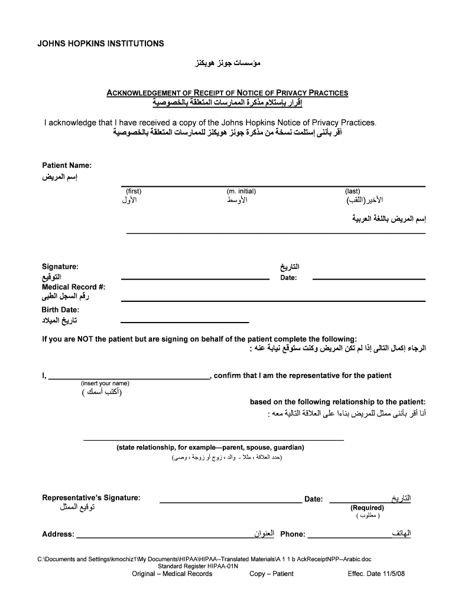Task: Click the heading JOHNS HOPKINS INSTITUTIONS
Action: (x=101, y=44)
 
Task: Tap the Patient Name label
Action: (x=66, y=165)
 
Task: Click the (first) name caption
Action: (x=134, y=191)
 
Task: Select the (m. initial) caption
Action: (x=241, y=191)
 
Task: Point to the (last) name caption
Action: (x=353, y=191)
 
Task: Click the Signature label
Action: (x=60, y=267)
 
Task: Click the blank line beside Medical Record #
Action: (x=272, y=300)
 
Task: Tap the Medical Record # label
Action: (x=73, y=287)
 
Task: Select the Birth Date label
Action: (x=60, y=310)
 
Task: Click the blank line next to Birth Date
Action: (x=184, y=322)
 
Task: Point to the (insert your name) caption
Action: (x=105, y=383)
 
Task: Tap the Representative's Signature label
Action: (x=91, y=497)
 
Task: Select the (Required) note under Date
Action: (x=367, y=508)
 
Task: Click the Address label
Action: (x=58, y=535)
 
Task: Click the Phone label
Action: (x=292, y=535)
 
